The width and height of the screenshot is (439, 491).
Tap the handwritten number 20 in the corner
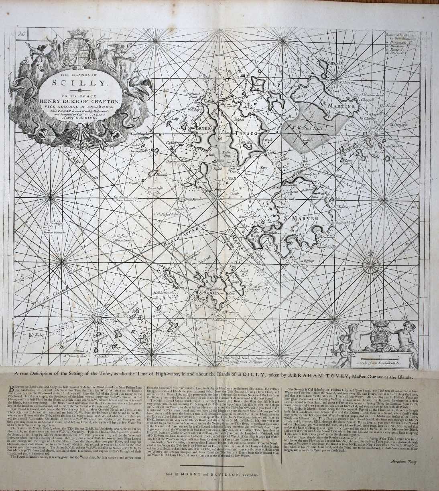(x=23, y=35)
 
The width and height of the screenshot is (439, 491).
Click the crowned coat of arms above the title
(x=81, y=51)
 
